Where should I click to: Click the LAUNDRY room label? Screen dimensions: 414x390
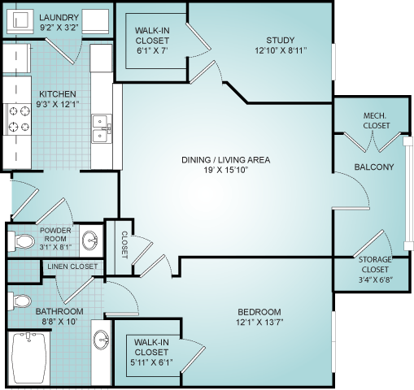(59, 18)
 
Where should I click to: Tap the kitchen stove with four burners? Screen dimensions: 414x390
(17, 119)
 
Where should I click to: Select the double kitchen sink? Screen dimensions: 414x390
(102, 128)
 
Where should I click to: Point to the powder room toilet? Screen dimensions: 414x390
(21, 240)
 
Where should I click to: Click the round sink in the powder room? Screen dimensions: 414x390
(89, 240)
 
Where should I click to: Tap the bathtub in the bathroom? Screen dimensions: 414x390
(27, 357)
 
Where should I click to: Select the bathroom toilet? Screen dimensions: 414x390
(20, 301)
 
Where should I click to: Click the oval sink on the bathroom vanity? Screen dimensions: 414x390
(101, 340)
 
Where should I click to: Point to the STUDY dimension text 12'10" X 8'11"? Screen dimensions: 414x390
(281, 50)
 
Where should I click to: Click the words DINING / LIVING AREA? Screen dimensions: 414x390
(226, 160)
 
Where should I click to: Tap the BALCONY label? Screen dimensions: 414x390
(374, 167)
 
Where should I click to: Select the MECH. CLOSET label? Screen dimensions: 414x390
(377, 120)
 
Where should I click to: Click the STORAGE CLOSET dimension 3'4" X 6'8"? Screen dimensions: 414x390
(376, 279)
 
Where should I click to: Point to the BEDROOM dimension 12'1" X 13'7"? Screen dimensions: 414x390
(259, 323)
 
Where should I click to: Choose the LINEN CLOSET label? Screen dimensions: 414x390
(72, 266)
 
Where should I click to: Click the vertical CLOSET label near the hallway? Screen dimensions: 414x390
(124, 245)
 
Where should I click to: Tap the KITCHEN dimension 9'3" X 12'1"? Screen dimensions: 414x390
(58, 104)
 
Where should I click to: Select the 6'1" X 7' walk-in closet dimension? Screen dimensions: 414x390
(152, 50)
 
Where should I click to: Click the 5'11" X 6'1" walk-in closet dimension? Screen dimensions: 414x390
(151, 362)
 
